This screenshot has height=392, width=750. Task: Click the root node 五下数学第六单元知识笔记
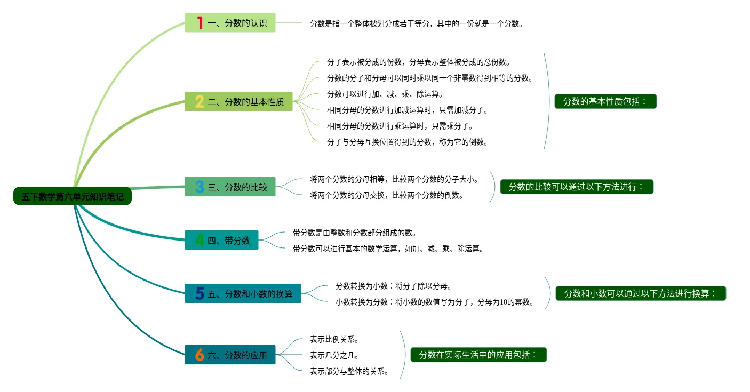click(72, 196)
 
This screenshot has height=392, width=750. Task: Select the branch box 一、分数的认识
click(230, 23)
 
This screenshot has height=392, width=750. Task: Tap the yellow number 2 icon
click(199, 101)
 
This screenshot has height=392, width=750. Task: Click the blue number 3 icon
click(200, 187)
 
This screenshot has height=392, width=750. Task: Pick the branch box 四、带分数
click(221, 240)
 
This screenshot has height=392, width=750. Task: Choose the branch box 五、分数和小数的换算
click(243, 293)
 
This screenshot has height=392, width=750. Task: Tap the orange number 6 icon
click(200, 355)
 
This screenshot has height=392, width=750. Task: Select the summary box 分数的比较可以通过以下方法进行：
click(576, 187)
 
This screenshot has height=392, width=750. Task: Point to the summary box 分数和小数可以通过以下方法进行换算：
click(640, 293)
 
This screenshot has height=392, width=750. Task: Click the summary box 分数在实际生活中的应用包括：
click(478, 355)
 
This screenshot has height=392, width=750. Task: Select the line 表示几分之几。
click(334, 355)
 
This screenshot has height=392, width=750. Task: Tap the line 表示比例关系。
click(334, 339)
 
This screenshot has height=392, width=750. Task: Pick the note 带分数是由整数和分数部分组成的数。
click(354, 233)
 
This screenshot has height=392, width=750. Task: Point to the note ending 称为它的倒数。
click(407, 142)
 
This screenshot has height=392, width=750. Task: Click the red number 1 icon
click(200, 23)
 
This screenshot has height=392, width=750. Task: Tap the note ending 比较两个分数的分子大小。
click(394, 179)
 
